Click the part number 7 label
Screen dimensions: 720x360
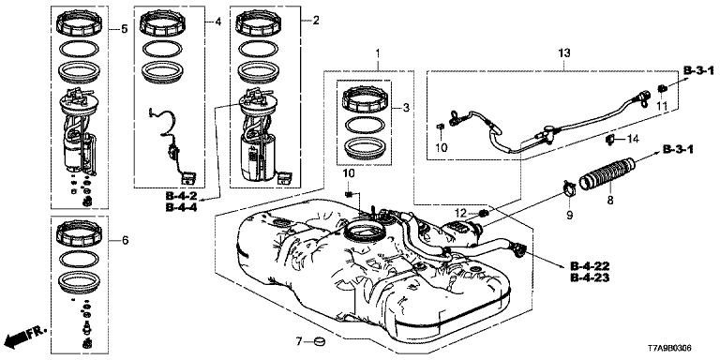298,340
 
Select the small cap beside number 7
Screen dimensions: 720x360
318,341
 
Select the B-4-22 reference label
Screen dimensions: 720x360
590,265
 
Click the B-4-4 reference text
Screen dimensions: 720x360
181,208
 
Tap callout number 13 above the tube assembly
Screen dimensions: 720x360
563,53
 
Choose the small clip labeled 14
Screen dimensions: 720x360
610,139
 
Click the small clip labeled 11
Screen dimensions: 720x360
662,88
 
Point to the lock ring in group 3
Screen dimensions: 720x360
364,97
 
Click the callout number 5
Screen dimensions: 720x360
124,29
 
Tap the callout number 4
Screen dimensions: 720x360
218,22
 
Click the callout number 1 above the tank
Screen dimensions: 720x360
378,53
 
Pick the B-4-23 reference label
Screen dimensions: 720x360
590,277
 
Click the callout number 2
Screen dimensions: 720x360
316,20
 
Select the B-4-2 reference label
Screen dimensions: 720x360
181,196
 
